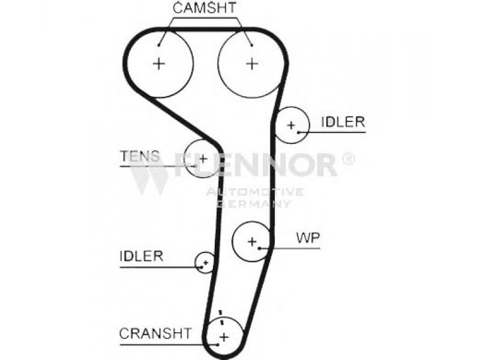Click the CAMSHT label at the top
(204, 8)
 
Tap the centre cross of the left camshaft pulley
(158, 64)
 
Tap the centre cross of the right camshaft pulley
(252, 64)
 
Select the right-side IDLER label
(343, 122)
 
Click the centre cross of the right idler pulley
(291, 125)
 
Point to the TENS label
(140, 156)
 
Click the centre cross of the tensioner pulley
(203, 158)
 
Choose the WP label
(308, 238)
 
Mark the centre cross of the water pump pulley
(252, 242)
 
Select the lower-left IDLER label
(142, 256)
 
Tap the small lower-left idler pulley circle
(196, 262)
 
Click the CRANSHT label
(155, 334)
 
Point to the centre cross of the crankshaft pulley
(224, 337)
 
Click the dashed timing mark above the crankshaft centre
(221, 319)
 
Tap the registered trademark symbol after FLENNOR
(348, 159)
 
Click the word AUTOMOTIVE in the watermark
(254, 192)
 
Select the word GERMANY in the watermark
(254, 203)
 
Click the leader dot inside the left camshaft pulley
(158, 46)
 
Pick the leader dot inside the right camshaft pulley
(252, 46)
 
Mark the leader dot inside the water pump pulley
(259, 248)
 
